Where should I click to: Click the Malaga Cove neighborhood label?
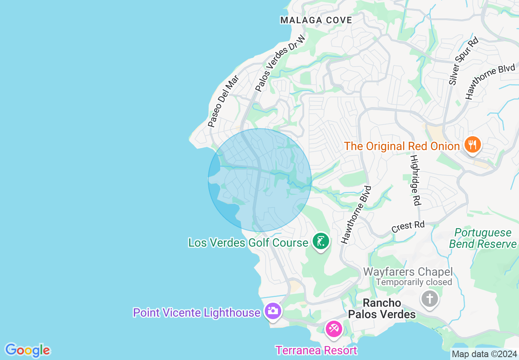[x=316, y=20]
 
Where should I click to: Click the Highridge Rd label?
[x=415, y=180]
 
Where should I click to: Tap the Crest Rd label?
[x=408, y=226]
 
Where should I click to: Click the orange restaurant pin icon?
[x=472, y=145]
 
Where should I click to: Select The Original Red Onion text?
[x=402, y=146]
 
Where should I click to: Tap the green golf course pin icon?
[x=321, y=241]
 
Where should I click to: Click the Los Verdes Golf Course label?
[x=248, y=243]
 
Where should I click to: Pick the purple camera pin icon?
[x=273, y=311]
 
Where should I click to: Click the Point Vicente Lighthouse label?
[x=196, y=313]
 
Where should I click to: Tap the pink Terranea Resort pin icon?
[x=334, y=329]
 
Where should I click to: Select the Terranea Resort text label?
[x=316, y=351]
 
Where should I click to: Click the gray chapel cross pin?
[x=430, y=299]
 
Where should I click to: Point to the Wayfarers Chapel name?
[x=408, y=272]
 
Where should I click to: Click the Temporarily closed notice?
[x=414, y=282]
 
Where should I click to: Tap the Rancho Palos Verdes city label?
[x=382, y=308]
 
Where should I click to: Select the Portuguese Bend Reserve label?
[x=483, y=239]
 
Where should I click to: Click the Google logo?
[x=27, y=350]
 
